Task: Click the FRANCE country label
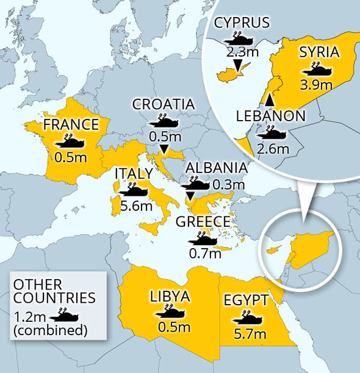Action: click(x=71, y=125)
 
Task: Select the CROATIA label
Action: click(x=164, y=104)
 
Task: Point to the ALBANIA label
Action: click(x=217, y=168)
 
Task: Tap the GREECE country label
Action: click(x=203, y=221)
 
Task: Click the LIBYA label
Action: click(x=170, y=297)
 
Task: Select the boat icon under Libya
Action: click(x=170, y=311)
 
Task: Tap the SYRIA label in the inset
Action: click(x=316, y=51)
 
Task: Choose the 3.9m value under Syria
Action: click(x=316, y=83)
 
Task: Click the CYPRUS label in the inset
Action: click(x=242, y=23)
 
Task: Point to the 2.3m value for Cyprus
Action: click(x=242, y=51)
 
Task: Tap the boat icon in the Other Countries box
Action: click(x=63, y=315)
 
